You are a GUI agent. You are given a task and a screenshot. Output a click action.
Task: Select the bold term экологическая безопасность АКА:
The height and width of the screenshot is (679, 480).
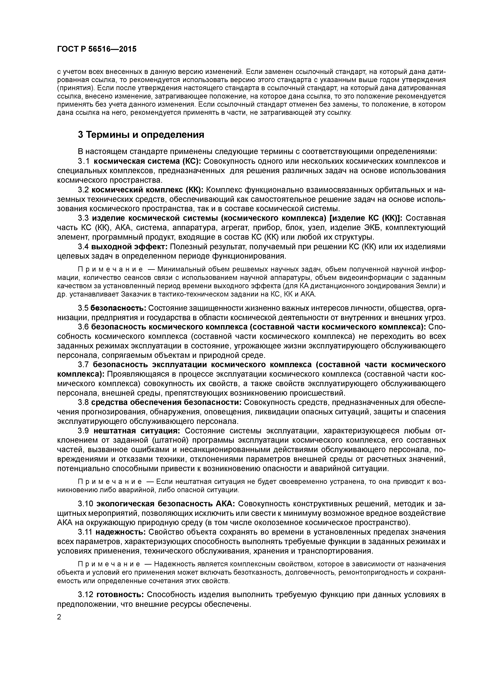pyautogui.click(x=166, y=504)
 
